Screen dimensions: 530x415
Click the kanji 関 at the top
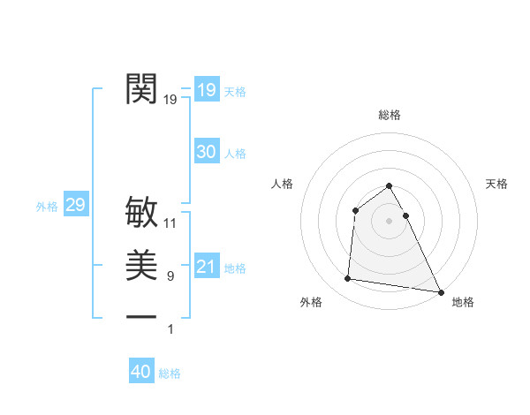click(x=142, y=88)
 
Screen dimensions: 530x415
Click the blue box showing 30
click(x=206, y=152)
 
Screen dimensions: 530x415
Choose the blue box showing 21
click(x=206, y=267)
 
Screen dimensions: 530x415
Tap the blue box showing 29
click(x=75, y=206)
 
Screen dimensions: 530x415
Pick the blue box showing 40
click(x=141, y=372)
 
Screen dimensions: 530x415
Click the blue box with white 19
click(x=206, y=90)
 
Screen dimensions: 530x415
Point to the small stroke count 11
click(x=170, y=223)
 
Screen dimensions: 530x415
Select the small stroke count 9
click(x=170, y=276)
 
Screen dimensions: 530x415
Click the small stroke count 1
click(x=170, y=329)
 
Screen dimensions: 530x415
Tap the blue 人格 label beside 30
click(x=235, y=154)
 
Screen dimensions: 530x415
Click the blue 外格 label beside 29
click(x=47, y=207)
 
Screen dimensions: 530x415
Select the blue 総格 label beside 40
click(x=170, y=373)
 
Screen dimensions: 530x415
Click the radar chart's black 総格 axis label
click(x=390, y=115)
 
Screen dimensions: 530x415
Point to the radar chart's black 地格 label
click(x=463, y=302)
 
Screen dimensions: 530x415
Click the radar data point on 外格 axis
click(x=348, y=279)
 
